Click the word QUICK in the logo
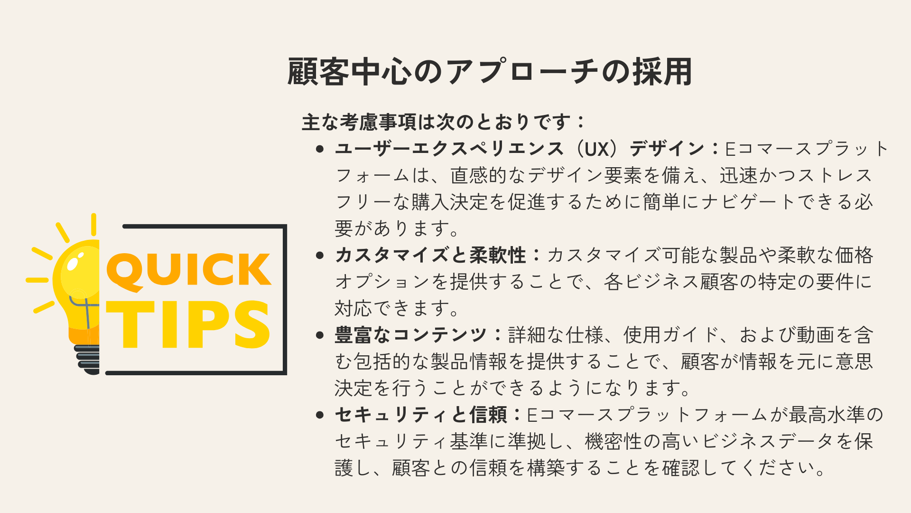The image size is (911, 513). [x=189, y=270]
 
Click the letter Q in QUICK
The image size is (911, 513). [x=125, y=271]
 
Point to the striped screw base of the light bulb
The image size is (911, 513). [x=87, y=360]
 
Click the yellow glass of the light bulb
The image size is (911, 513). [x=78, y=285]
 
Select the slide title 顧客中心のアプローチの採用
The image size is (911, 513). [x=489, y=72]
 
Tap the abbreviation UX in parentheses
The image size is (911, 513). [x=596, y=149]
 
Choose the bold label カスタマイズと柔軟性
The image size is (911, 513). [x=430, y=256]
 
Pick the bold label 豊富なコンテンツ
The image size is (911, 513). [x=411, y=335]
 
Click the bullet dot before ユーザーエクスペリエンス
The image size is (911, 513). [x=320, y=149]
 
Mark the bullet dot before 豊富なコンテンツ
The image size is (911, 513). [x=320, y=335]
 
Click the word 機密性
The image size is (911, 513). [x=614, y=442]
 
